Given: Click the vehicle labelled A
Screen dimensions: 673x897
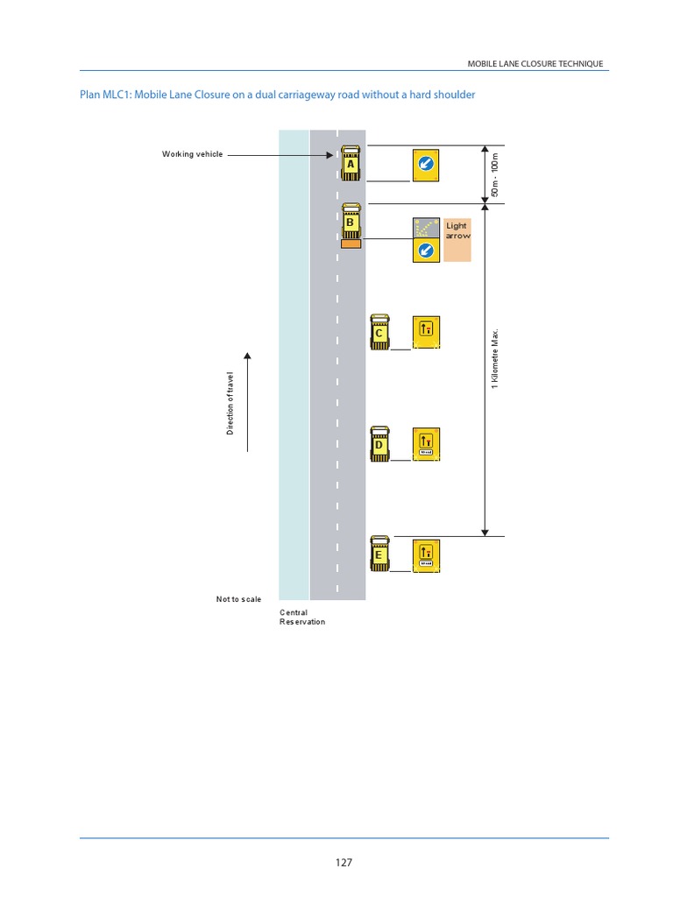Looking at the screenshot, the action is click(351, 163).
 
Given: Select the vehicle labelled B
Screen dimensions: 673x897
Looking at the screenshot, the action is click(351, 222).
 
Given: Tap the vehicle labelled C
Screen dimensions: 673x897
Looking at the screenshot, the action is click(379, 333).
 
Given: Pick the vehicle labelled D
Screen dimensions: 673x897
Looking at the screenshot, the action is click(379, 444).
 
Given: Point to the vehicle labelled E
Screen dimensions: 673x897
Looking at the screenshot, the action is click(379, 554).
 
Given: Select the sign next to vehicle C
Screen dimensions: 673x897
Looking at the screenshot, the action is click(426, 332).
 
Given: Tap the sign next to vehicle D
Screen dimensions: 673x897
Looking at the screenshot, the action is click(426, 444).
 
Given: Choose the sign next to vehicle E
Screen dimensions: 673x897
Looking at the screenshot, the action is click(426, 554).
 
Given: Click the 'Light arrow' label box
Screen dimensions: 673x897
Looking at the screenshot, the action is click(457, 239).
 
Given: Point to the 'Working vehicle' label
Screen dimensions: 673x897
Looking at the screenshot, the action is click(192, 154).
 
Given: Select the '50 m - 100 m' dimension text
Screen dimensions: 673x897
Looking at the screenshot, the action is click(495, 174).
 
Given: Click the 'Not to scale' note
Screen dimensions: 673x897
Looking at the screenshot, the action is click(238, 599).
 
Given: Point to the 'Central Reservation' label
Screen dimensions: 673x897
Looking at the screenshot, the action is click(301, 617).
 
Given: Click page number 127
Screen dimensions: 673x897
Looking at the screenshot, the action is click(344, 863).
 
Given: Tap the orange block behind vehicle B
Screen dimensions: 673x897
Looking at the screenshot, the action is click(351, 244).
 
